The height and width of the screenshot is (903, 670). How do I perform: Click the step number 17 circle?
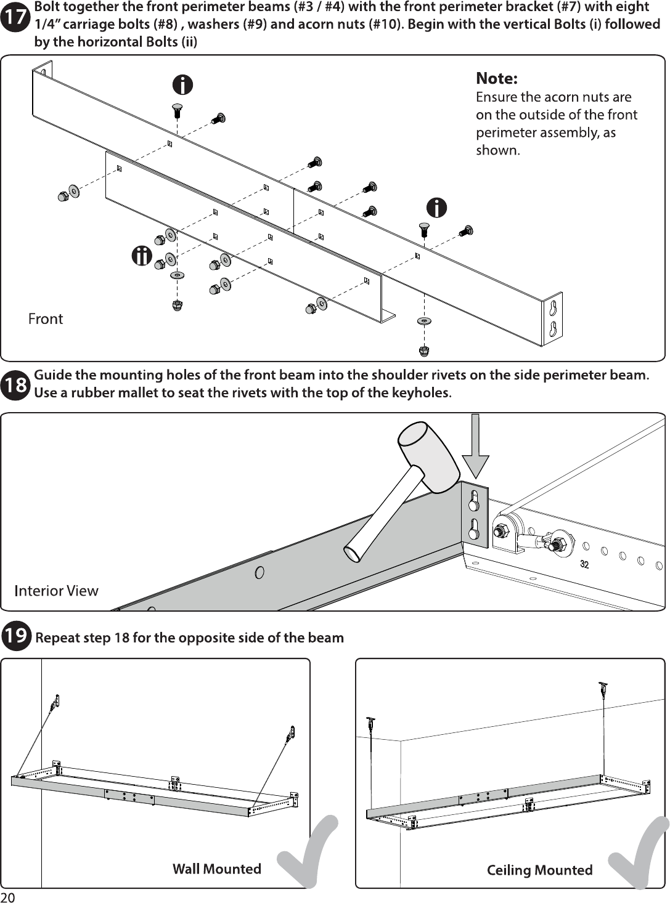click(15, 17)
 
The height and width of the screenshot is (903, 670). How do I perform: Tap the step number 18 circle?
click(15, 385)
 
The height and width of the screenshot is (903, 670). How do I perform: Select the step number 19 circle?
click(16, 635)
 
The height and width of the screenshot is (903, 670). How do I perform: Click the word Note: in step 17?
click(496, 78)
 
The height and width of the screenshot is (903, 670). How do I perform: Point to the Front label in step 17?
click(45, 319)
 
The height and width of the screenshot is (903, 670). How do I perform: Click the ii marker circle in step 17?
click(142, 256)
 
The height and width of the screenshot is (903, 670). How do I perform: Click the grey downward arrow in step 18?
click(475, 446)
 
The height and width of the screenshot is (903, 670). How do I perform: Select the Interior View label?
click(56, 591)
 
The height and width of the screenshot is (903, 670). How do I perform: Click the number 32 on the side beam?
click(584, 564)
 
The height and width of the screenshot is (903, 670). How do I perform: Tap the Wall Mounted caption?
click(217, 869)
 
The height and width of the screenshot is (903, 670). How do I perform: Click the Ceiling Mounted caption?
click(539, 870)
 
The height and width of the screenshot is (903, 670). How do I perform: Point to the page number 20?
click(8, 897)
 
